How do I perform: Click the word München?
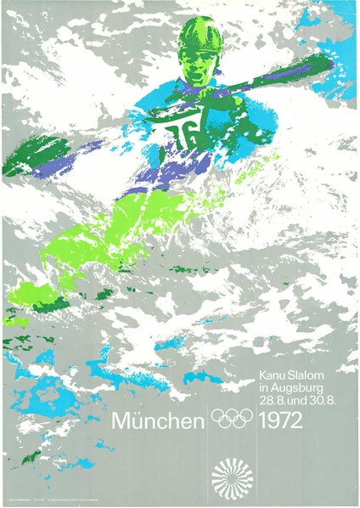click(x=159, y=419)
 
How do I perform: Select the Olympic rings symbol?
click(x=233, y=419)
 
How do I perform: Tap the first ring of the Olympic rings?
click(x=219, y=416)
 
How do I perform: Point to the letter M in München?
click(x=121, y=419)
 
